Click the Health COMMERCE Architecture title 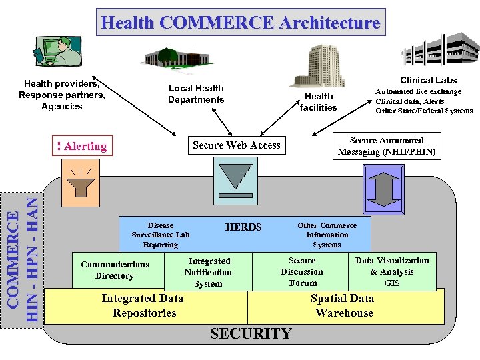pyautogui.click(x=241, y=23)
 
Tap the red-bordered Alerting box pyautogui.click(x=82, y=146)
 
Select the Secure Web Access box pyautogui.click(x=236, y=145)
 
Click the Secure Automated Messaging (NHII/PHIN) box pyautogui.click(x=387, y=146)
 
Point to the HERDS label pyautogui.click(x=243, y=227)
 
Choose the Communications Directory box pyautogui.click(x=115, y=270)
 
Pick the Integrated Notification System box pyautogui.click(x=209, y=272)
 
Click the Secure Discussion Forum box pyautogui.click(x=302, y=271)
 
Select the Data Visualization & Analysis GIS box pyautogui.click(x=392, y=271)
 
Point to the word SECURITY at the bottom pyautogui.click(x=251, y=333)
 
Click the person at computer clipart pyautogui.click(x=57, y=51)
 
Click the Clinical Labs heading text pyautogui.click(x=428, y=80)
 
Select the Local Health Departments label pyautogui.click(x=196, y=94)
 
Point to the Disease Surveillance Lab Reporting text pyautogui.click(x=161, y=235)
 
